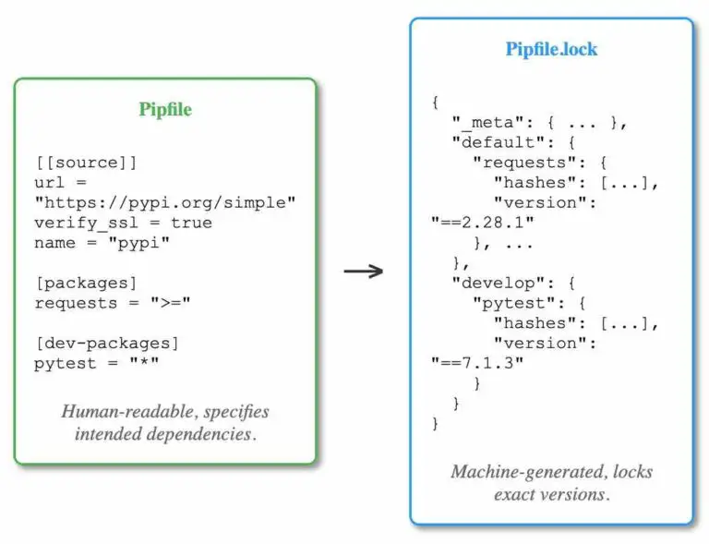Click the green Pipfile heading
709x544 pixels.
(165, 109)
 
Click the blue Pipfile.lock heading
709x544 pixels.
(551, 49)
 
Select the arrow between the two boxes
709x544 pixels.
(364, 272)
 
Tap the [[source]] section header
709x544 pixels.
(86, 163)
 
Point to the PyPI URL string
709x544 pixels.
(165, 202)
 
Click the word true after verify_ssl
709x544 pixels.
(191, 223)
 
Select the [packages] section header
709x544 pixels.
(86, 283)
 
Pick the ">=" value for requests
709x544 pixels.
(171, 303)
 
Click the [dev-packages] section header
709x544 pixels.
(107, 344)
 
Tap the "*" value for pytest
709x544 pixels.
(144, 362)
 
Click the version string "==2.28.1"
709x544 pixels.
(483, 222)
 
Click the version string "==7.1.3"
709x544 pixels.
(477, 363)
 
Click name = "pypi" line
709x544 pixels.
(102, 243)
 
